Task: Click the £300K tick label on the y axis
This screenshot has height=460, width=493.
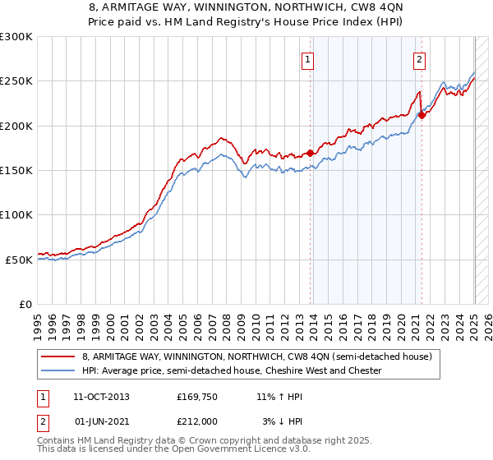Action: [16, 37]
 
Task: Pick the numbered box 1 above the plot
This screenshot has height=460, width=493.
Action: [307, 58]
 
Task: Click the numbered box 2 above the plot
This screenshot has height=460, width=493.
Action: [419, 58]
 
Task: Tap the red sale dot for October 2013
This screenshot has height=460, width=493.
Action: [310, 153]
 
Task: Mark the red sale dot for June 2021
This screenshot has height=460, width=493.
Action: [422, 115]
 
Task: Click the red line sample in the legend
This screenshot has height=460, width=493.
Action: [58, 356]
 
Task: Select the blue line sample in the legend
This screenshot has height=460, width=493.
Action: [58, 371]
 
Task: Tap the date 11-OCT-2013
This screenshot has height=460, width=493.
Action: [101, 396]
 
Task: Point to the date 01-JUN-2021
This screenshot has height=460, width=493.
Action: [101, 421]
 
